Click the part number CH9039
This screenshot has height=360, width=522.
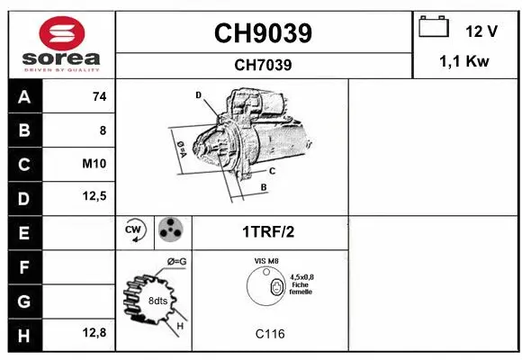pos(263,33)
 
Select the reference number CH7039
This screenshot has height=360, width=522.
pos(263,65)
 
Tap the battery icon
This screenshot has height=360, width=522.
pos(435,29)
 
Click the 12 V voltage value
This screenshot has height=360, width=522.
pos(481,31)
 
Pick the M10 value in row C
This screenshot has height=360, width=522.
pos(94,165)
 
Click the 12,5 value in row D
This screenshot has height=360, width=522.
pos(95,197)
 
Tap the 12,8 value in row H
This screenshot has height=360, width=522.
pos(95,333)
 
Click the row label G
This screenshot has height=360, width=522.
pos(23,300)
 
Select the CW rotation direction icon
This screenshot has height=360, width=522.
pos(134,231)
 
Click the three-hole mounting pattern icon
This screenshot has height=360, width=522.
pos(169,231)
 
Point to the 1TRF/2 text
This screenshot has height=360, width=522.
pos(268,231)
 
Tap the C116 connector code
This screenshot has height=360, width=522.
pos(270,334)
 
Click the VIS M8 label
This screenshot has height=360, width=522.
pos(266,262)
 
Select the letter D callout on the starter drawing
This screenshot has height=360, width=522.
pos(198,94)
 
